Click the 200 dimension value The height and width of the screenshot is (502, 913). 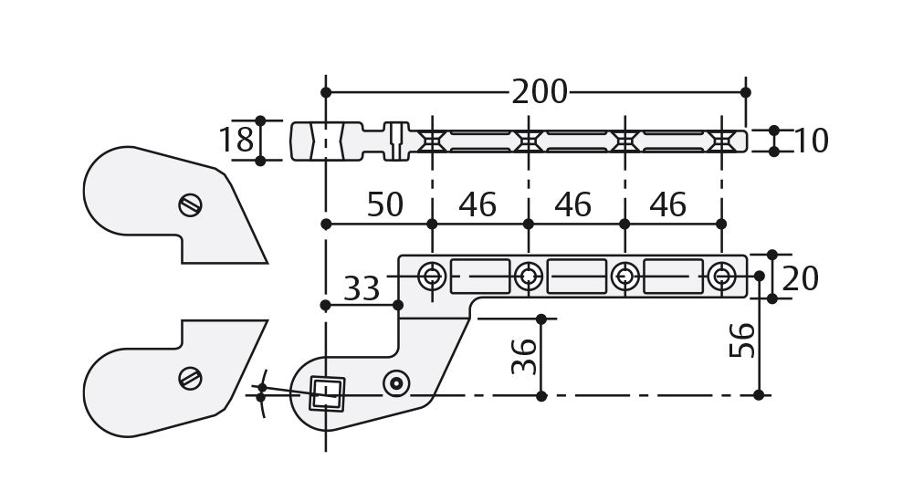(539, 92)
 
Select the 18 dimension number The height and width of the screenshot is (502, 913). (236, 141)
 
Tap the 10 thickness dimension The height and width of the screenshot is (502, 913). (811, 141)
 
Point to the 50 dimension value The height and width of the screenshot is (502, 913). (384, 205)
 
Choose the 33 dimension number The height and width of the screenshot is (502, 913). (362, 289)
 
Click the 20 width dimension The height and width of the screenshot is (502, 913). (801, 278)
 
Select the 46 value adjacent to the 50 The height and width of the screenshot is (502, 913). (477, 205)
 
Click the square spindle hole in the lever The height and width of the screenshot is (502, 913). (327, 393)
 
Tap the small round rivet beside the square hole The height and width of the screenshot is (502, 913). (395, 383)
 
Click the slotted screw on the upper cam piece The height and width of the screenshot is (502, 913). (190, 205)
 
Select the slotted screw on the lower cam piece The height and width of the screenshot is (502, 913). (190, 377)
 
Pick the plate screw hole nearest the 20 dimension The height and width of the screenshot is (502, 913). (721, 276)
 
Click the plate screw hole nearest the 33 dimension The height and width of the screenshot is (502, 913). (432, 276)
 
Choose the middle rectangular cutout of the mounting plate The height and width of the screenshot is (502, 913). (576, 276)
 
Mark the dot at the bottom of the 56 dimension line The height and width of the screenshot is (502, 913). (759, 395)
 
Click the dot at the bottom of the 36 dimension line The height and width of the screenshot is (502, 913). (541, 395)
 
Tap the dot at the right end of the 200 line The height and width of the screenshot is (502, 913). (746, 92)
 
